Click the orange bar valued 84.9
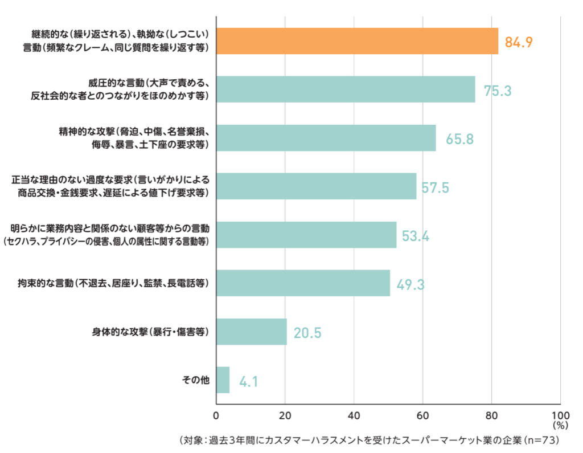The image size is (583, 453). point(357,41)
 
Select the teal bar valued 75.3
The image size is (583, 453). point(346,89)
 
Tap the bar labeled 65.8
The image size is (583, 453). point(326,138)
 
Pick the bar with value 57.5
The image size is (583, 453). point(316,186)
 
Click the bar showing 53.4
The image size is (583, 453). point(306,235)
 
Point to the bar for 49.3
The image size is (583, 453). point(303,283)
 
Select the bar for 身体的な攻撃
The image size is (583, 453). point(252,332)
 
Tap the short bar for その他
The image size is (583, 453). point(223,380)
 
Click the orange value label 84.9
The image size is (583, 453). point(519,42)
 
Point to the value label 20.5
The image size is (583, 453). point(307,333)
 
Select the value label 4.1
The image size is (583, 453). point(249,381)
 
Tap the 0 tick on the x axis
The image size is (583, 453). point(216,415)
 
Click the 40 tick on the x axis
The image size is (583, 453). point(354,415)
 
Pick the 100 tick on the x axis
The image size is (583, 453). point(560,415)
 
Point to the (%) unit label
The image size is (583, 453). point(560,425)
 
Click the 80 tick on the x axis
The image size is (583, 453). point(491,415)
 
